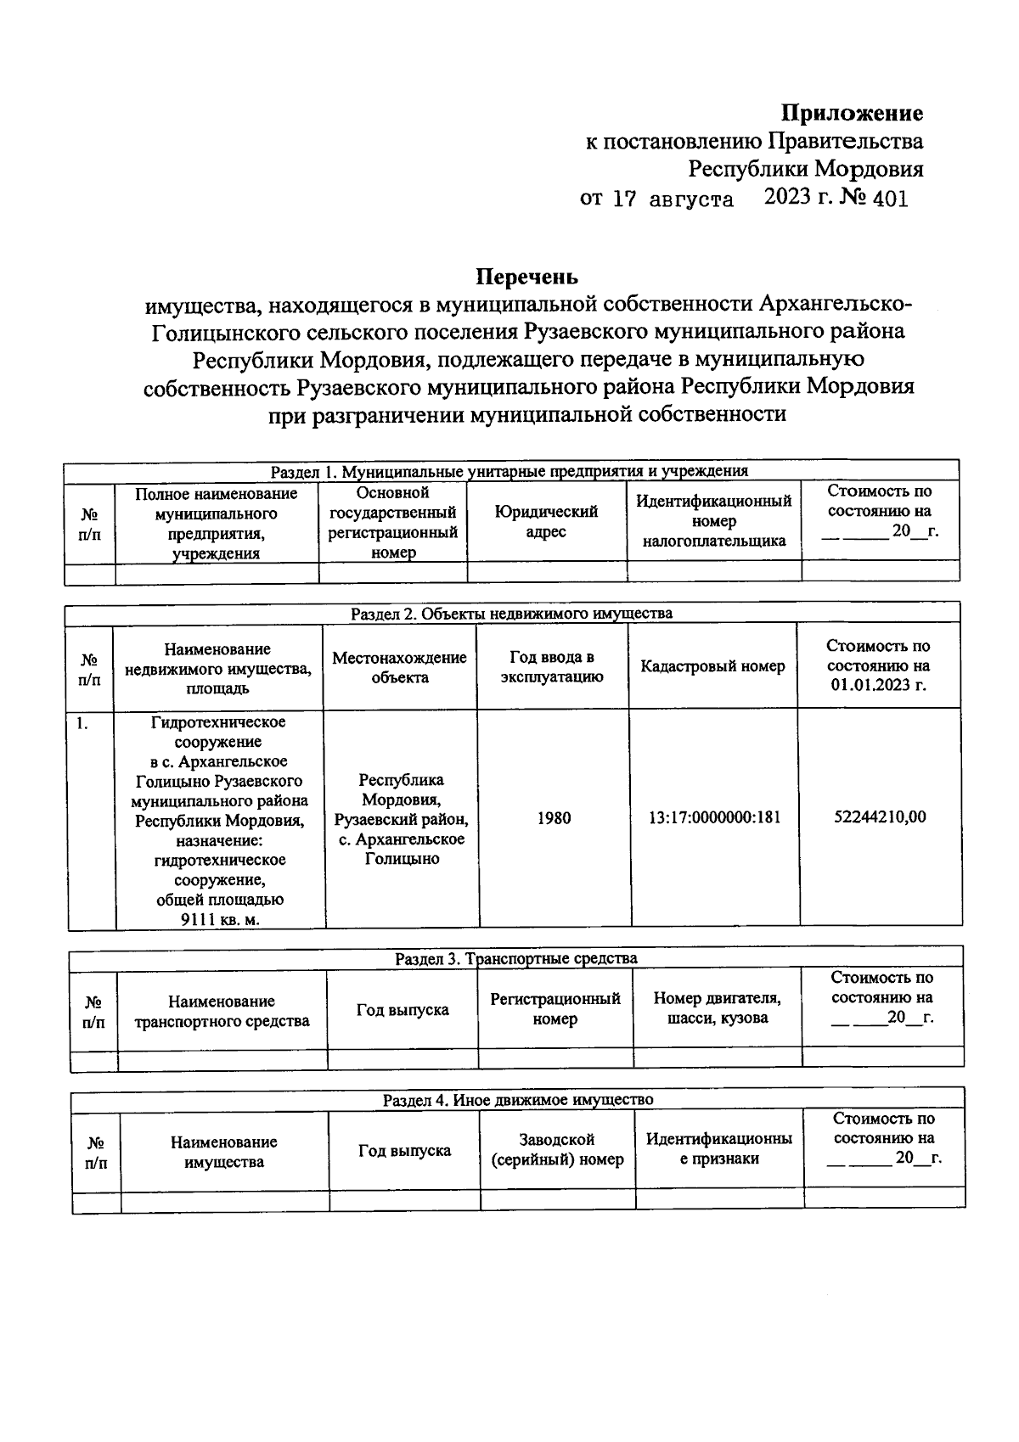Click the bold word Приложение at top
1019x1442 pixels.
coord(852,113)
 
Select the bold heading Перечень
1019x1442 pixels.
coord(526,277)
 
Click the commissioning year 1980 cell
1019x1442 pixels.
coord(554,818)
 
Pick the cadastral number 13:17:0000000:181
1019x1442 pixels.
coord(714,818)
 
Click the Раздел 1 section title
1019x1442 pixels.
coord(509,472)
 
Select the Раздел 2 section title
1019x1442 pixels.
coord(511,614)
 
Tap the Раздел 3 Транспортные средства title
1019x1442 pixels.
coord(515,958)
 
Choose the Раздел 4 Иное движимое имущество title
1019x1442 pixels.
coord(517,1100)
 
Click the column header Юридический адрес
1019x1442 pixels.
coord(546,522)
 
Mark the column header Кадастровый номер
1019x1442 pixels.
coord(712,666)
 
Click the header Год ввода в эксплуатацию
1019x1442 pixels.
coord(552,666)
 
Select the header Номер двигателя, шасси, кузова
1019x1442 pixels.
coord(717,1008)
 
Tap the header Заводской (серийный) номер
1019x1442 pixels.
coord(557,1150)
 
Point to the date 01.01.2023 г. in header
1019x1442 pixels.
coord(878,686)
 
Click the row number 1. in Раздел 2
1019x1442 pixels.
coord(81,723)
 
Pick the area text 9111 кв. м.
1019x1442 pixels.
coord(220,920)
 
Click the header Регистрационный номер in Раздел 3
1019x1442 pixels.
coord(555,1008)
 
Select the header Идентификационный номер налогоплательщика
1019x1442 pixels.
coord(713,521)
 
